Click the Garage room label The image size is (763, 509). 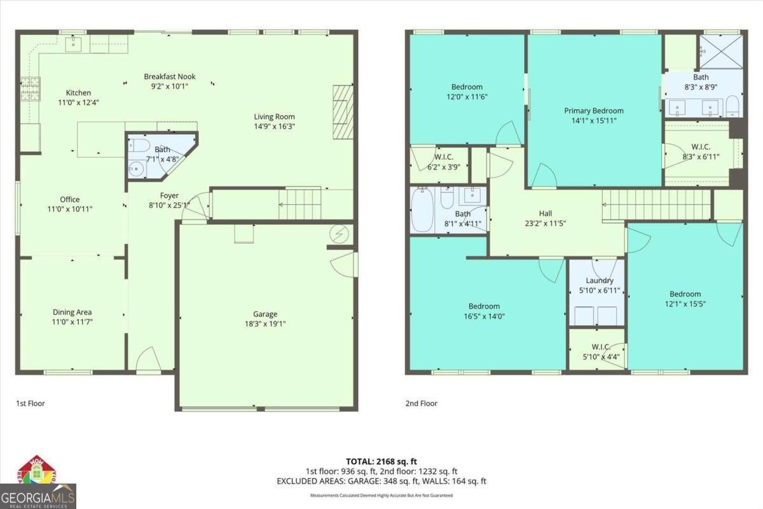pyautogui.click(x=265, y=314)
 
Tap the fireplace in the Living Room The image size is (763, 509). pyautogui.click(x=342, y=113)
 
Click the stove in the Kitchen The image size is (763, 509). pyautogui.click(x=30, y=89)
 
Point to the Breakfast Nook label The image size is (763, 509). pyautogui.click(x=169, y=77)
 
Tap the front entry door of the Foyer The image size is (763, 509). pyautogui.click(x=148, y=360)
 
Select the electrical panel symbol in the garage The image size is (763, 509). pyautogui.click(x=338, y=234)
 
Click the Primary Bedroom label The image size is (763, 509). pyautogui.click(x=594, y=111)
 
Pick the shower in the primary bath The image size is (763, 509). pyautogui.click(x=720, y=51)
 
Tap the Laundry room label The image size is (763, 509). pyautogui.click(x=599, y=281)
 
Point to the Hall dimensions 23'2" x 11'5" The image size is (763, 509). pyautogui.click(x=545, y=224)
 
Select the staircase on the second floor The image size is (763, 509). pyautogui.click(x=655, y=205)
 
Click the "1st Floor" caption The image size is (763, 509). pyautogui.click(x=31, y=403)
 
